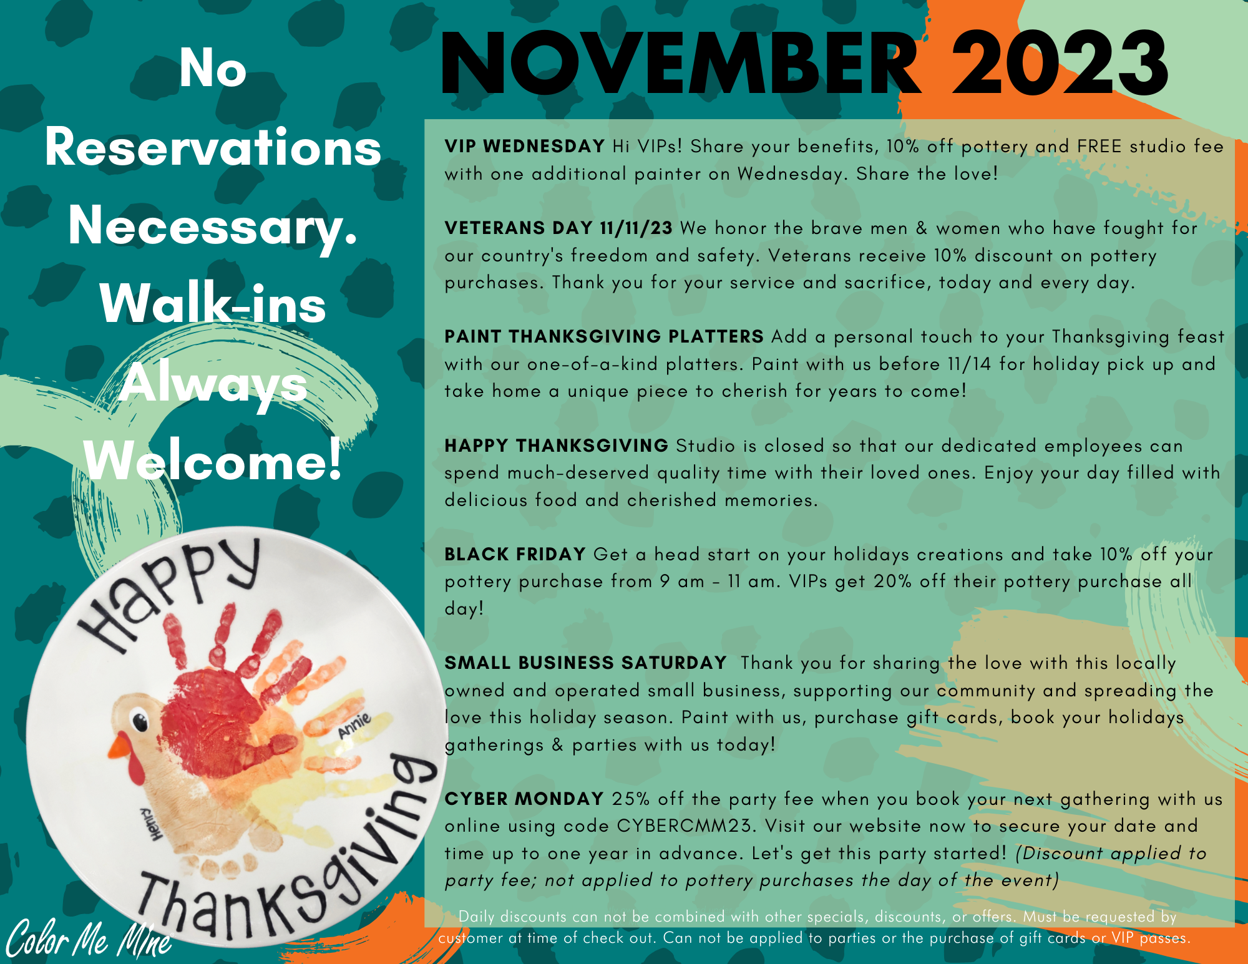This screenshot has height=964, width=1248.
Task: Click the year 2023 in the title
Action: (1060, 64)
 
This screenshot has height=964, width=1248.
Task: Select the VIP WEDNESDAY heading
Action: (524, 146)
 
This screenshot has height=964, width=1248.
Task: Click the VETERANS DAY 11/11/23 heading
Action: (558, 228)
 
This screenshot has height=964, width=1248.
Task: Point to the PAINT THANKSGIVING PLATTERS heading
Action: (604, 336)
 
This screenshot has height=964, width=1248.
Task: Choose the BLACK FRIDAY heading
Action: (515, 554)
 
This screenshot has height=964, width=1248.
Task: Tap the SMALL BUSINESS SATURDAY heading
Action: (585, 663)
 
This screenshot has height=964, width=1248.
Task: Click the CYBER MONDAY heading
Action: (524, 799)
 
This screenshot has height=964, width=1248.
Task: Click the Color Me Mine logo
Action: (89, 938)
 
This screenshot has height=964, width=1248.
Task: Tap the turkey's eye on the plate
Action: (140, 722)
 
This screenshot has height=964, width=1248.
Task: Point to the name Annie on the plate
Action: (354, 725)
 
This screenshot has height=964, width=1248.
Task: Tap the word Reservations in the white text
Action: (213, 148)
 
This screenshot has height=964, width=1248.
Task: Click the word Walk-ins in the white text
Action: (213, 304)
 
